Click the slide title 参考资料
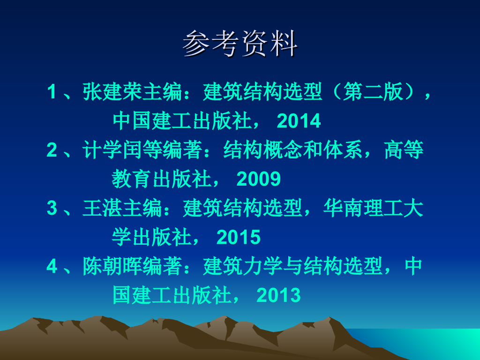240,44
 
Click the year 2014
299,121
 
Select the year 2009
259,179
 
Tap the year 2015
239,237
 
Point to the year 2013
278,295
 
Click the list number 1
52,91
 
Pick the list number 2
52,150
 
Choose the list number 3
52,208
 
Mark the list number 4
52,266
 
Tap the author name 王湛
103,208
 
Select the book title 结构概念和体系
293,150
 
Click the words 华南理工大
373,208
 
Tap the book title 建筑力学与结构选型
293,266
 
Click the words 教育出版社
161,179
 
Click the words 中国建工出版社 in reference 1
182,121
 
